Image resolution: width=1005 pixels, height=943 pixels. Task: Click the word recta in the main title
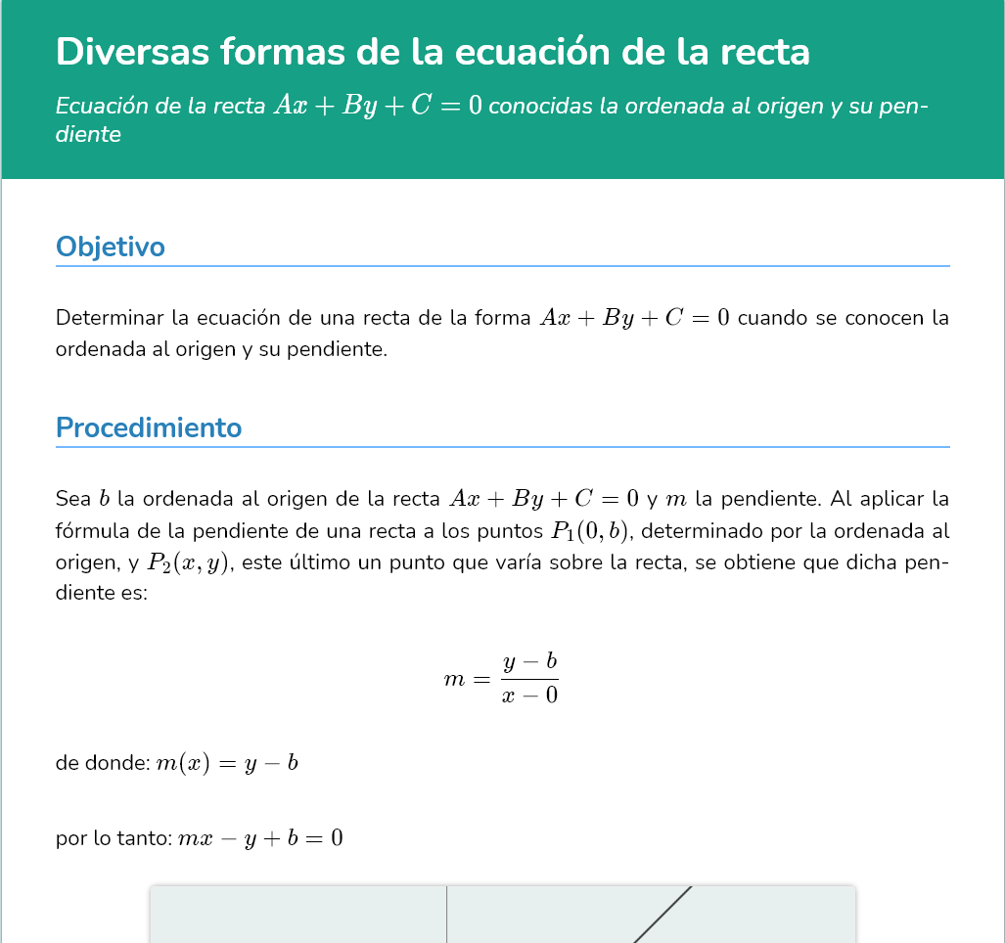coord(764,51)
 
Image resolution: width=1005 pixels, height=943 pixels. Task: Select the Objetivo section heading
coord(111,247)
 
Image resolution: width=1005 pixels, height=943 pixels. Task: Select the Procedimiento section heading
coord(149,427)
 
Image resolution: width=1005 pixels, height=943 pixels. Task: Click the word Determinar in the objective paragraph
coord(108,318)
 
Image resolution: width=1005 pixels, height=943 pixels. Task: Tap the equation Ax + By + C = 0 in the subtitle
coord(378,106)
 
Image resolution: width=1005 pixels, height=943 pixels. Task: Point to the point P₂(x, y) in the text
coord(190,562)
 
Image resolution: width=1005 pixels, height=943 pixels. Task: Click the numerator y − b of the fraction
coord(529,662)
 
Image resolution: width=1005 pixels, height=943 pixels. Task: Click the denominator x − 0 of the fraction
coord(529,696)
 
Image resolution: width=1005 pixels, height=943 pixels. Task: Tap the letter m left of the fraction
coord(454,679)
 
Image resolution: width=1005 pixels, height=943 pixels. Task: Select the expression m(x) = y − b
coord(227,763)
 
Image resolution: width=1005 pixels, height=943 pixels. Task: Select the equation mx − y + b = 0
coord(260,838)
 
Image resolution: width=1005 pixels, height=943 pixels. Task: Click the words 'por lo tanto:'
coord(114,838)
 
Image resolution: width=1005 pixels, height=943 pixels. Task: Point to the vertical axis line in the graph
coord(447,915)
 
